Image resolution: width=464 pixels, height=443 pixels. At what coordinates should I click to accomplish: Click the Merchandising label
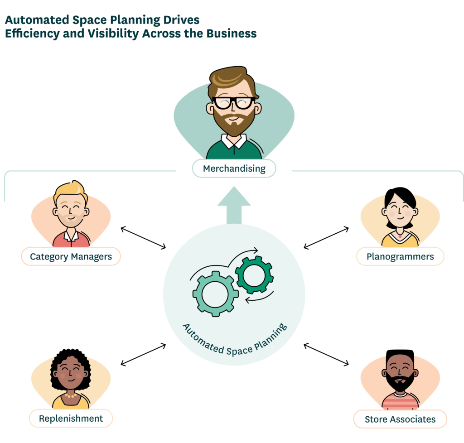click(x=234, y=169)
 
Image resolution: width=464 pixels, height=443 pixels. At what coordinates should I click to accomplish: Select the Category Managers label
click(x=71, y=256)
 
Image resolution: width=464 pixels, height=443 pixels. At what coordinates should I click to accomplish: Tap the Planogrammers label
click(x=400, y=256)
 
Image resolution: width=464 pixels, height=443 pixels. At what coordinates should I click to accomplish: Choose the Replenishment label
click(x=71, y=418)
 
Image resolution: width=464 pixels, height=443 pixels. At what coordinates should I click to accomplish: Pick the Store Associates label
click(x=400, y=419)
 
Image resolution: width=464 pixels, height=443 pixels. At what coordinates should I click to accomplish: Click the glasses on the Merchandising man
click(x=234, y=103)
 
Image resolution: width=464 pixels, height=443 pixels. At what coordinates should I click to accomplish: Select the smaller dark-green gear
click(x=254, y=275)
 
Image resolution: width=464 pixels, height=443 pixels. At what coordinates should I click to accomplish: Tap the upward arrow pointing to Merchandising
click(x=234, y=204)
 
